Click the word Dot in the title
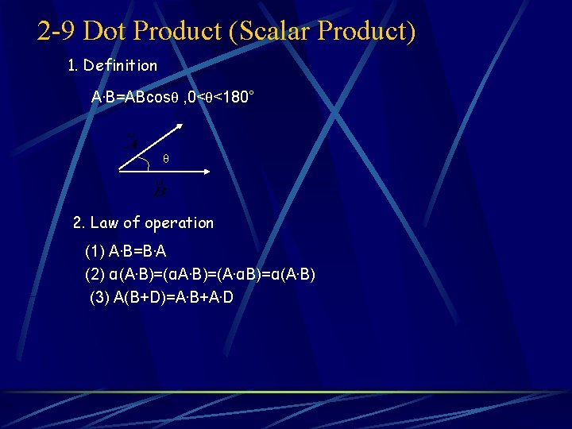105,31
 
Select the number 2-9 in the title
56,31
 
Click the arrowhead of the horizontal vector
206,171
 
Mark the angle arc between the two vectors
150,163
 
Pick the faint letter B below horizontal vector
160,191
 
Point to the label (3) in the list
101,297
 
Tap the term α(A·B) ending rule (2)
289,275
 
